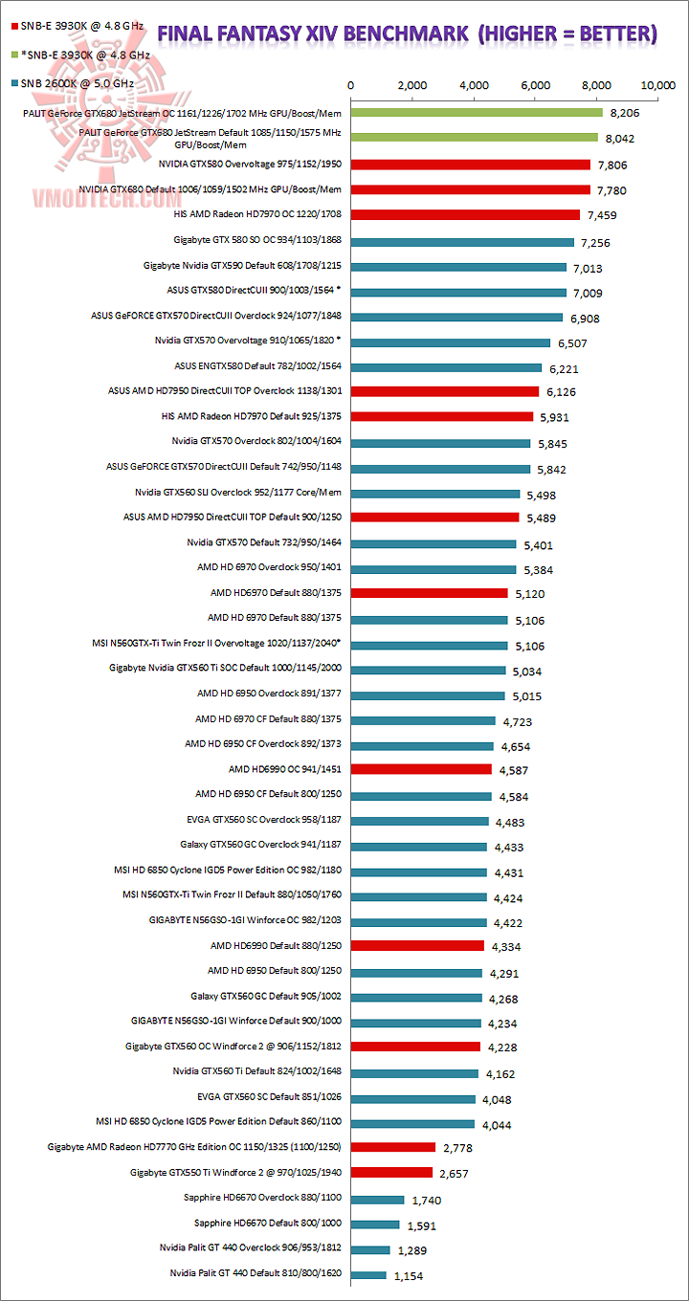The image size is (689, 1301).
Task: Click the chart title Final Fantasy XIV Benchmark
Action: coord(407,34)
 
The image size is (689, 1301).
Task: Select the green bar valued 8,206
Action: coord(477,113)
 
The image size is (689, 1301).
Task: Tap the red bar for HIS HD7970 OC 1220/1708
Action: coord(465,214)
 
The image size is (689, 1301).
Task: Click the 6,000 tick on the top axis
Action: coord(536,85)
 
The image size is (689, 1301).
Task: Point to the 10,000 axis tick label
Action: coord(658,85)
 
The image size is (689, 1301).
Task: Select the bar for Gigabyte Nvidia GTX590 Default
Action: coord(458,267)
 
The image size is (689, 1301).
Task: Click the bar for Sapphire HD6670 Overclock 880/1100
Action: coord(378,1200)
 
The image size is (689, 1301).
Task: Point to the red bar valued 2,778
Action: coord(393,1146)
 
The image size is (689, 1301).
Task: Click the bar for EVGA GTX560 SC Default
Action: coord(413,1099)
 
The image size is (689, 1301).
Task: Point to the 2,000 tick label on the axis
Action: coord(412,85)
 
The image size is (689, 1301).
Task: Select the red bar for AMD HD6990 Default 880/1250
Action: coord(417,945)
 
